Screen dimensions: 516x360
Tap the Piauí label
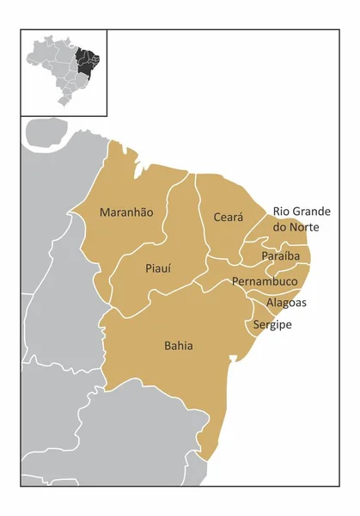pos(156,267)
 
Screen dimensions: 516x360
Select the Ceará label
pos(229,217)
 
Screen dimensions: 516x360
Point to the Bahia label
pos(178,346)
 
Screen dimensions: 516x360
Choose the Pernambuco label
pos(265,281)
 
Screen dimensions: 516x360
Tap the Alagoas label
pos(286,303)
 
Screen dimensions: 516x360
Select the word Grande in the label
pos(314,211)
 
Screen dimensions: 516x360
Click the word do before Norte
pos(280,227)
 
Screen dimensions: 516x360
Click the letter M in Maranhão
pos(104,212)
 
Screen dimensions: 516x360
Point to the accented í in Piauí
pos(170,267)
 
